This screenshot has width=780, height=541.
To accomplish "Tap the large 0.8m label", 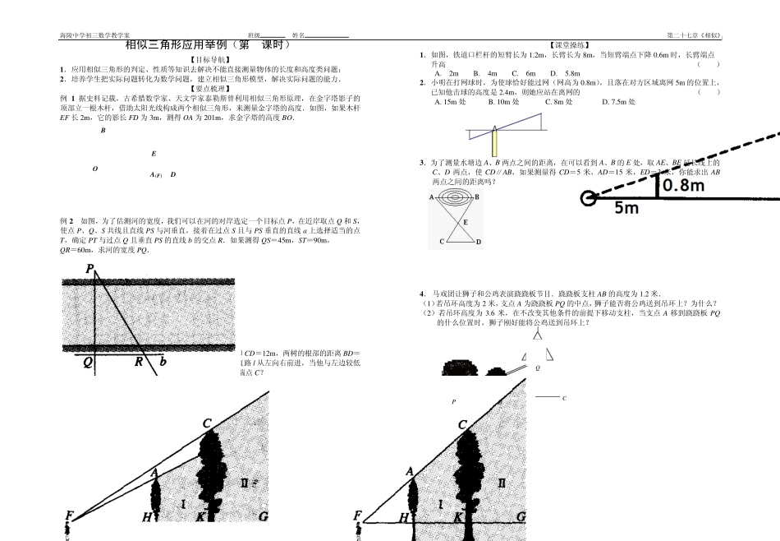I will click(683, 186).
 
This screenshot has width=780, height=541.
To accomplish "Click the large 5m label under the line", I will click(627, 209).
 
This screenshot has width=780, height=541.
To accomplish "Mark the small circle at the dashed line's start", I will click(588, 198).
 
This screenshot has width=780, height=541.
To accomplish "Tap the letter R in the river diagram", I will click(139, 360).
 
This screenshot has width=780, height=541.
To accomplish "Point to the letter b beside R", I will click(162, 360).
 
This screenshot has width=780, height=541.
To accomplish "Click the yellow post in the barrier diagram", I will click(495, 145).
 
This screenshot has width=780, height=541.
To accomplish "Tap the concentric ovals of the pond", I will click(454, 198).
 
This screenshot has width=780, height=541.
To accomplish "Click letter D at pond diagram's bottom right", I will click(479, 243).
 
